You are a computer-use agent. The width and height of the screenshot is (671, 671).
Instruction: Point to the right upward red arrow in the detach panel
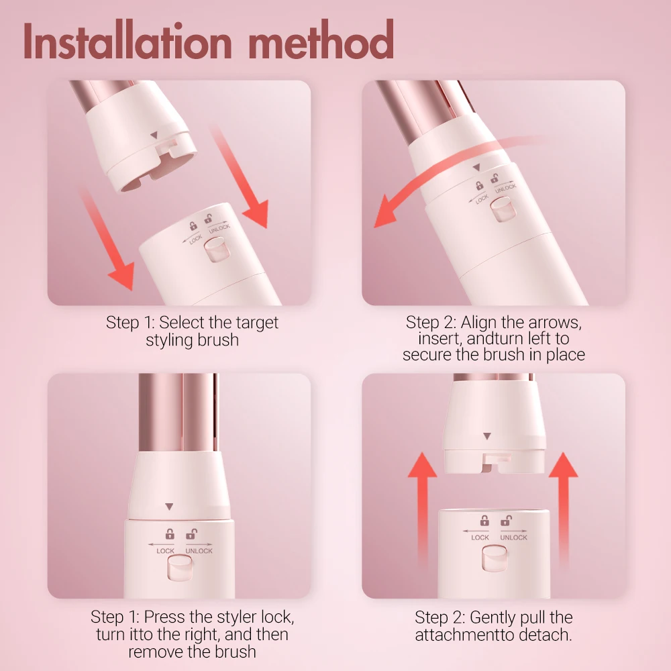coord(563,510)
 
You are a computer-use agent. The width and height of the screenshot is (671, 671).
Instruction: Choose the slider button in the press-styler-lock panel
coord(179,571)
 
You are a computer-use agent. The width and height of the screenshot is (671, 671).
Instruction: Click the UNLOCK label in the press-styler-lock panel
coord(199,551)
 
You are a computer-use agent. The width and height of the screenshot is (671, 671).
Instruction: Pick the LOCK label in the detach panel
coord(480,537)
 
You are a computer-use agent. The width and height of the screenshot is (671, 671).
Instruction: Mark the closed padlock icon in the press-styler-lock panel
coord(170,535)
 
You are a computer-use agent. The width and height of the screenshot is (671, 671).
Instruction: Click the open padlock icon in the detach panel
coord(506,521)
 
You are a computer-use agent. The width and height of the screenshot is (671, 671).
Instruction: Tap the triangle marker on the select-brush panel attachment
coord(154,136)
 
